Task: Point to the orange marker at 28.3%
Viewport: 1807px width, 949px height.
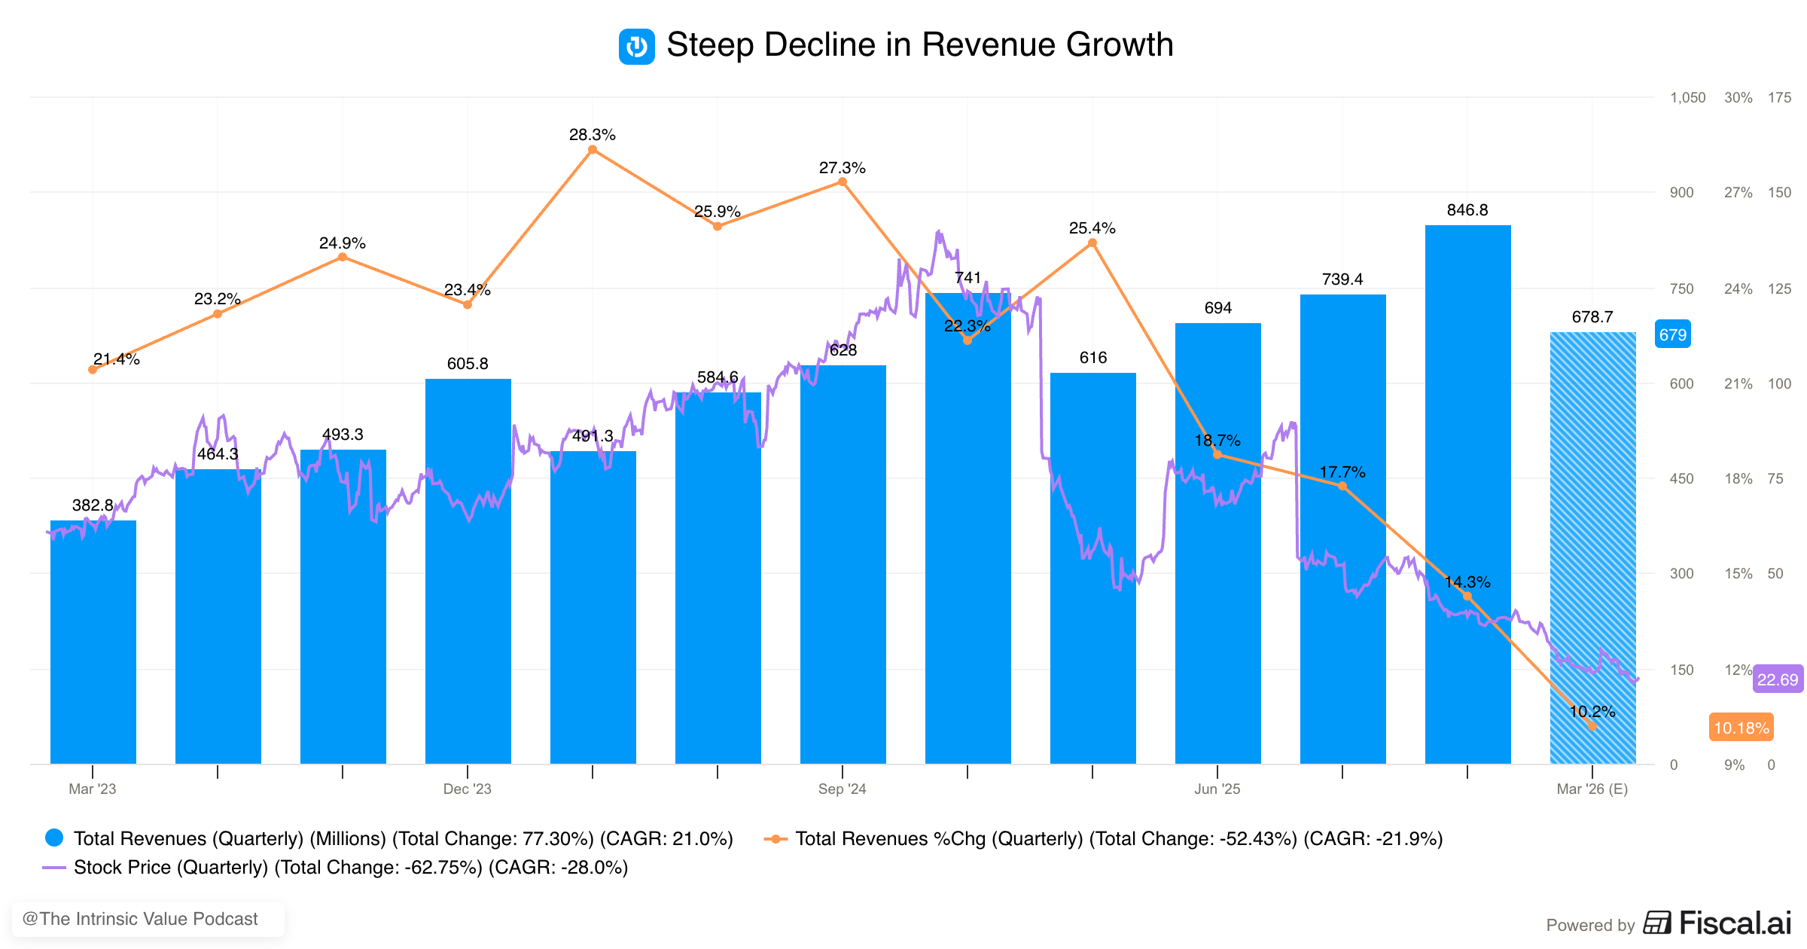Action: (x=593, y=150)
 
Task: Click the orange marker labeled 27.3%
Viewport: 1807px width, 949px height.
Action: (x=843, y=182)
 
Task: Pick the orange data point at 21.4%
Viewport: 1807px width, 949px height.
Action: (x=93, y=370)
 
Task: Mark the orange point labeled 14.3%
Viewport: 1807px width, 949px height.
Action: (x=1467, y=597)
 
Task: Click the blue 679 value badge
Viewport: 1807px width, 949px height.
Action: (x=1672, y=334)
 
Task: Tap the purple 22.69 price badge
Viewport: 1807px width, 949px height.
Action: (x=1777, y=679)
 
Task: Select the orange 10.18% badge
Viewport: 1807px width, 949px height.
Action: (x=1741, y=728)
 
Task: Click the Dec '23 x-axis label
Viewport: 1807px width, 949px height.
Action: (x=467, y=789)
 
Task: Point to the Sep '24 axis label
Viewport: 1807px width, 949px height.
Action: (x=842, y=789)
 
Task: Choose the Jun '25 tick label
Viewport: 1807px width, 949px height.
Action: (x=1217, y=789)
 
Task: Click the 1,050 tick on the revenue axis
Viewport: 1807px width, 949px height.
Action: (x=1687, y=97)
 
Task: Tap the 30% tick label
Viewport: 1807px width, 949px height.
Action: (x=1738, y=97)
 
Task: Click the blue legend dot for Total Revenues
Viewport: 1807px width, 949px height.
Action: (x=54, y=838)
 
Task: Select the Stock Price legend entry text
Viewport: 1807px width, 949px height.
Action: (x=350, y=868)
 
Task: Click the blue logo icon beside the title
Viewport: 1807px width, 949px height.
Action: (x=636, y=46)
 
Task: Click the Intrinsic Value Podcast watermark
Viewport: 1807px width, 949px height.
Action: (x=141, y=919)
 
